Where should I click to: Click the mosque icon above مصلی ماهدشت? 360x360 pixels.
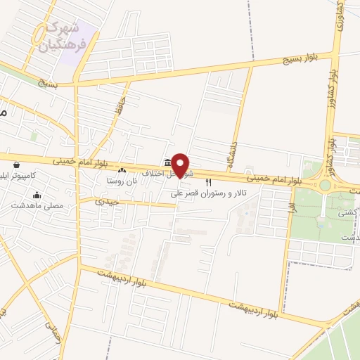[37, 195]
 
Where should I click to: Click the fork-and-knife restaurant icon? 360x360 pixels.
[208, 182]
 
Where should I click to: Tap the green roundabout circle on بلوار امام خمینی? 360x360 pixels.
[324, 186]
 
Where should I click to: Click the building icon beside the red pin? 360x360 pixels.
[167, 162]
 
